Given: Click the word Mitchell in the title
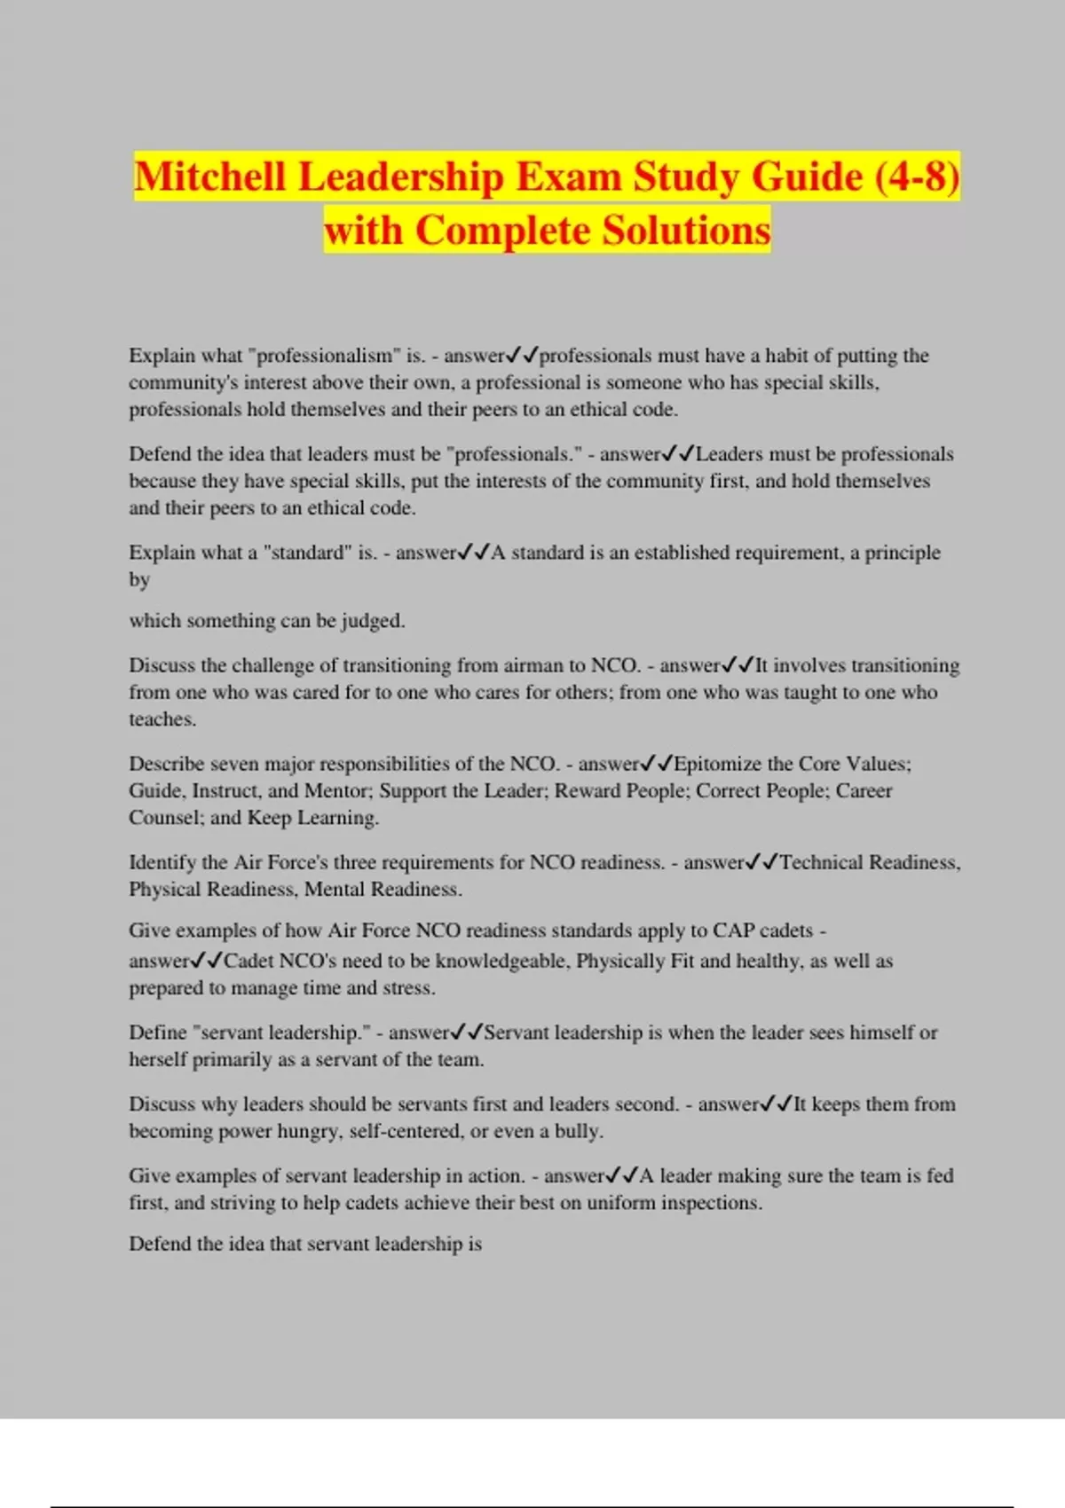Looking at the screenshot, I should tap(210, 177).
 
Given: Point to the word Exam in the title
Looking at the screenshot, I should tap(568, 177).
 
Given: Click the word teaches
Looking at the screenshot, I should tap(162, 719).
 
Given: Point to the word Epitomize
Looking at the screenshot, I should tap(718, 764).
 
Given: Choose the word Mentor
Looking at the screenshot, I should tap(335, 791).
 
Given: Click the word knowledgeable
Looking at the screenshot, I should tap(501, 961).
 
